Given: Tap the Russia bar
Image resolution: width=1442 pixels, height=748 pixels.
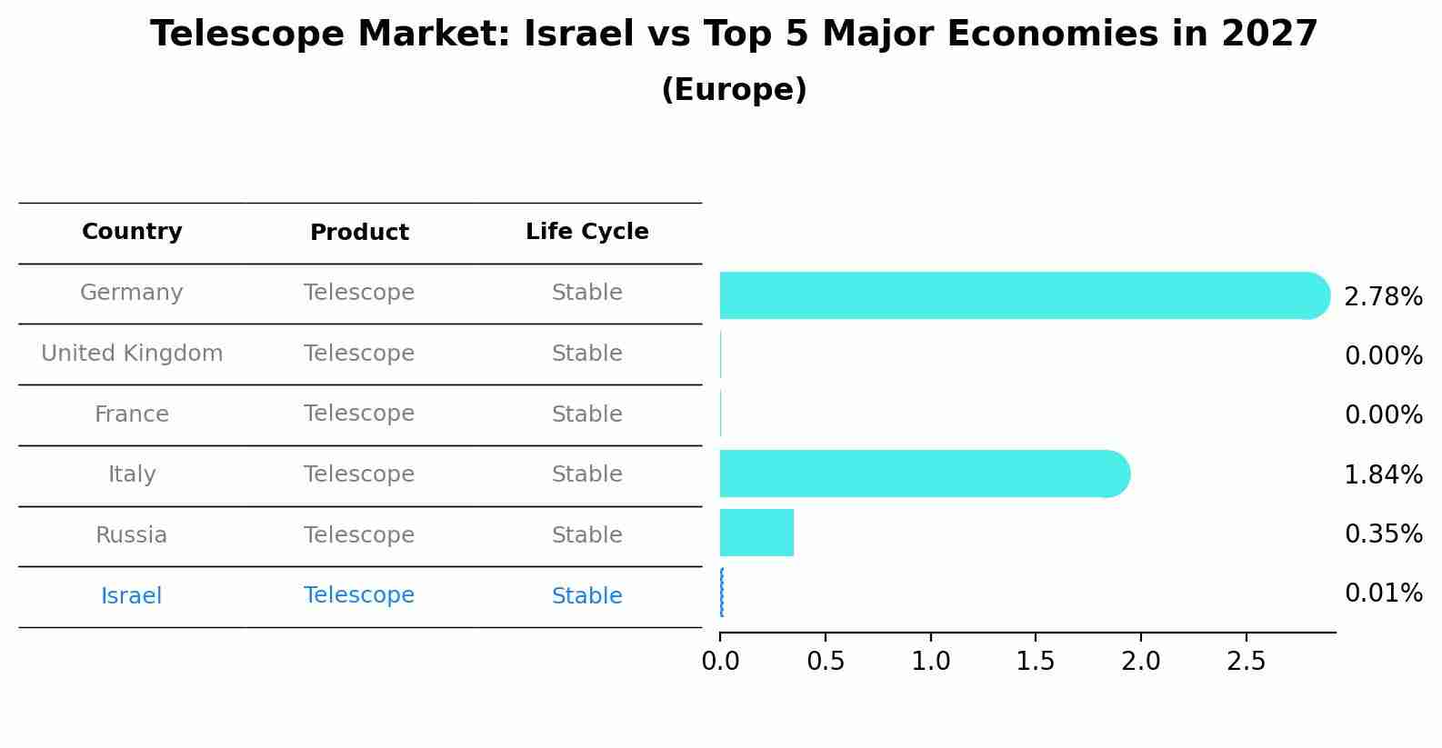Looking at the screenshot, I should point(756,533).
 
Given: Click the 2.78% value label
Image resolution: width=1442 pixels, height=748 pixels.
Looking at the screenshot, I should point(1383,297).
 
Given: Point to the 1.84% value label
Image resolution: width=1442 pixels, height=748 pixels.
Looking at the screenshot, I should point(1383,474).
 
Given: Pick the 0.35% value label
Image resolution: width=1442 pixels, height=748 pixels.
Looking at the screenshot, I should point(1383,534).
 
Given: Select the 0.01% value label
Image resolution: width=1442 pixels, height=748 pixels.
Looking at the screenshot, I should point(1383,593).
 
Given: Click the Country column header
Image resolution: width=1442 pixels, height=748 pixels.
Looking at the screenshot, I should point(132,232).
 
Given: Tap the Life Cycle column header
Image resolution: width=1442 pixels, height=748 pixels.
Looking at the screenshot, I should point(586,232).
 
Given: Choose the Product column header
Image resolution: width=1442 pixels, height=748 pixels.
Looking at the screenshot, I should point(359,233).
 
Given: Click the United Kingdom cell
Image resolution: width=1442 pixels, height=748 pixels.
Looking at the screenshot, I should point(132,354).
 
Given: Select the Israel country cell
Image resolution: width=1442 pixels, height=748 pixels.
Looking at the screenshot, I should point(132,596).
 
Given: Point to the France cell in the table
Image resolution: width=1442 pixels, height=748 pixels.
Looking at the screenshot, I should point(132,414).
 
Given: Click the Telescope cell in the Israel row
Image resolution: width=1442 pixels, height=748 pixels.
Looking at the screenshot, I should point(359,595).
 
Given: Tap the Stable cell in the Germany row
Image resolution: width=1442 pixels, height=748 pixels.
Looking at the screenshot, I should point(586,293).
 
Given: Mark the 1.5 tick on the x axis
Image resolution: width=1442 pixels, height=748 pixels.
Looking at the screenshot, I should point(1036,662).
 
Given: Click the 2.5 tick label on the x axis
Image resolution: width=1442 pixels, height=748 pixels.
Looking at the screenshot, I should point(1246,662).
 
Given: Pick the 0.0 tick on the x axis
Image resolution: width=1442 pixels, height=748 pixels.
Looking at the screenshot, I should point(720,662).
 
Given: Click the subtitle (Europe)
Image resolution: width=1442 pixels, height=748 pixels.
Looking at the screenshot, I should point(734,90).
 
